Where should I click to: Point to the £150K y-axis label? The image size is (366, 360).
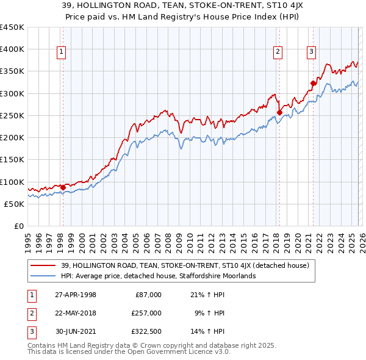(x=12, y=160)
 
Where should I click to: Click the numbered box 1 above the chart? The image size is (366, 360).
(x=62, y=52)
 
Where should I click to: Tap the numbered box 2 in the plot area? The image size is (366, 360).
(x=278, y=52)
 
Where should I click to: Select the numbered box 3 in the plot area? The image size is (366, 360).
(x=311, y=52)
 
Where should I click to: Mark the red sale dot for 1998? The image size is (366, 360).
(x=63, y=187)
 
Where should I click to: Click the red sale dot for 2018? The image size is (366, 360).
(x=279, y=112)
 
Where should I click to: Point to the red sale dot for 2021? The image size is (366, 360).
(x=313, y=84)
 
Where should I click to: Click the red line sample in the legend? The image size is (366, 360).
(x=44, y=265)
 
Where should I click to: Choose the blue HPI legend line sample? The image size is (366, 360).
(x=44, y=276)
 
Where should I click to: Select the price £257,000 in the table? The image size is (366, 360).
(x=146, y=312)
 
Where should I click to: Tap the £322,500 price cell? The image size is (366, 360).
(x=146, y=331)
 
